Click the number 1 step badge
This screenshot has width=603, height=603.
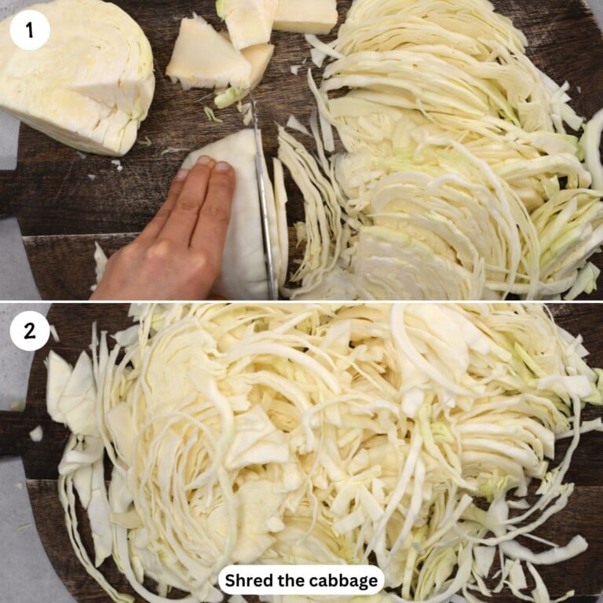(30, 30)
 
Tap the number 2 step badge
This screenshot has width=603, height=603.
(30, 331)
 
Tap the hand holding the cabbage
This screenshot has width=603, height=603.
(169, 236)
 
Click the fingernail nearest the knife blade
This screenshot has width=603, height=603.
(223, 166)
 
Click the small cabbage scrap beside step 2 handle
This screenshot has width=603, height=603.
(36, 433)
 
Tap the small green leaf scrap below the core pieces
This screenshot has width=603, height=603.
(228, 97)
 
